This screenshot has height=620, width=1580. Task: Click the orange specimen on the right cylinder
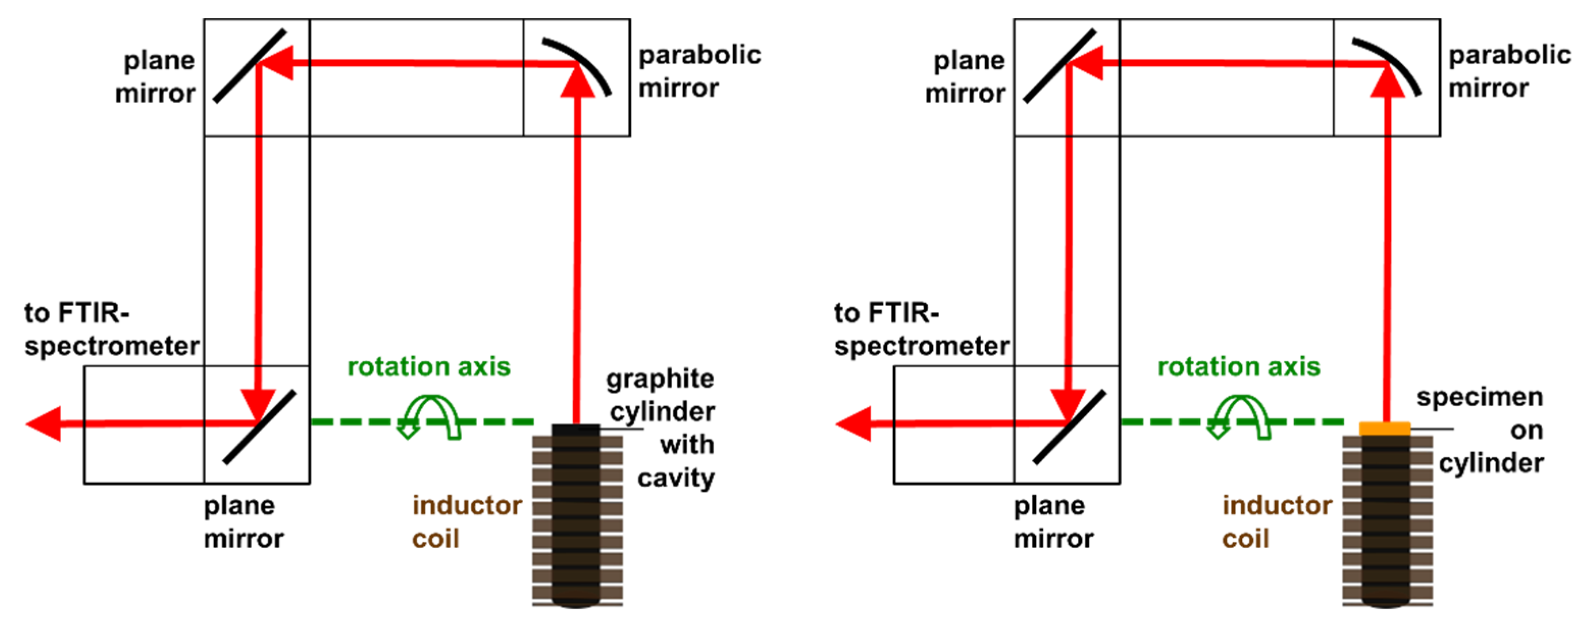(1384, 428)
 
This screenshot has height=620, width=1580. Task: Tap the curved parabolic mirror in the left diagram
(589, 61)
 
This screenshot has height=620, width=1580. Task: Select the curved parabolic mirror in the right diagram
(1399, 61)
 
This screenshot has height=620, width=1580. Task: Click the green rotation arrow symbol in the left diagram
(429, 417)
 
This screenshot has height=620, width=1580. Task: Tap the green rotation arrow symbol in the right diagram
(1239, 417)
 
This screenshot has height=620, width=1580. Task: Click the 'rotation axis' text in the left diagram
(429, 367)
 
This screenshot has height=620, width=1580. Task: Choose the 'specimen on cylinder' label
(1484, 430)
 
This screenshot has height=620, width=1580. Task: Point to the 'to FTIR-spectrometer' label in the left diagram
(111, 330)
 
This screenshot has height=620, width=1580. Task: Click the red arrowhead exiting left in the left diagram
(44, 424)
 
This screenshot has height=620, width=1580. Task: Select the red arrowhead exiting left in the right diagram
(854, 424)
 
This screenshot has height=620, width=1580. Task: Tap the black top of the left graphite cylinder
(575, 429)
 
